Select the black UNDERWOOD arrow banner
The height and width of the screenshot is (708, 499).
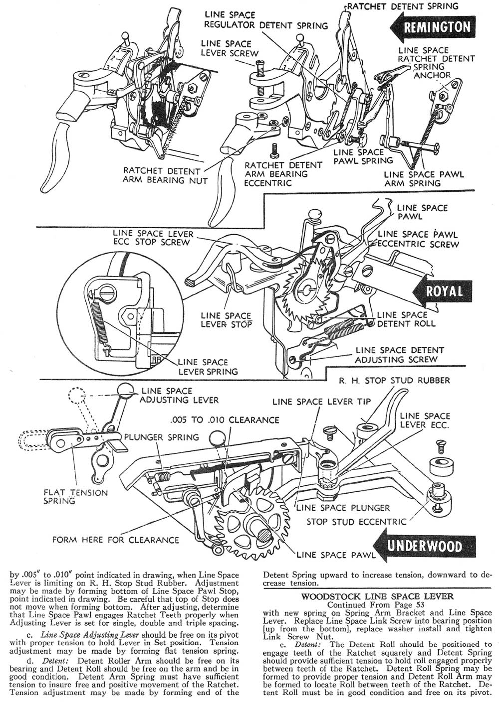click(x=425, y=546)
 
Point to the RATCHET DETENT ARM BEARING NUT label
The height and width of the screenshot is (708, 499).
click(x=165, y=175)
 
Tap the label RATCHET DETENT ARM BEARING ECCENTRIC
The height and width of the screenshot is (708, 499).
click(x=276, y=174)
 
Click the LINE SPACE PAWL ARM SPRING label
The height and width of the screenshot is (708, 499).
click(x=424, y=178)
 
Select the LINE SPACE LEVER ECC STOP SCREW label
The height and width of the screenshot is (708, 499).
click(x=153, y=238)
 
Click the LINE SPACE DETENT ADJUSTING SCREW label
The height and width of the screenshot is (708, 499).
click(x=396, y=355)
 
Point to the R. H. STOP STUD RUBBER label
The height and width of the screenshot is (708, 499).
click(x=394, y=381)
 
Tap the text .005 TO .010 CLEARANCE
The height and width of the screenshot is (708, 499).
click(x=225, y=420)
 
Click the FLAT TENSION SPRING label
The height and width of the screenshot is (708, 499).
click(x=75, y=497)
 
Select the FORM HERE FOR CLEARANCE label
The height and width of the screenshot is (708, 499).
click(x=116, y=540)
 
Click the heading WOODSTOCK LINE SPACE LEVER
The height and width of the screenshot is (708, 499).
click(x=377, y=596)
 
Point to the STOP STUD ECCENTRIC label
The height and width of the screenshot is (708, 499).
click(x=357, y=522)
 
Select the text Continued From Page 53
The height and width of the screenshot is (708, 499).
click(x=377, y=604)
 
